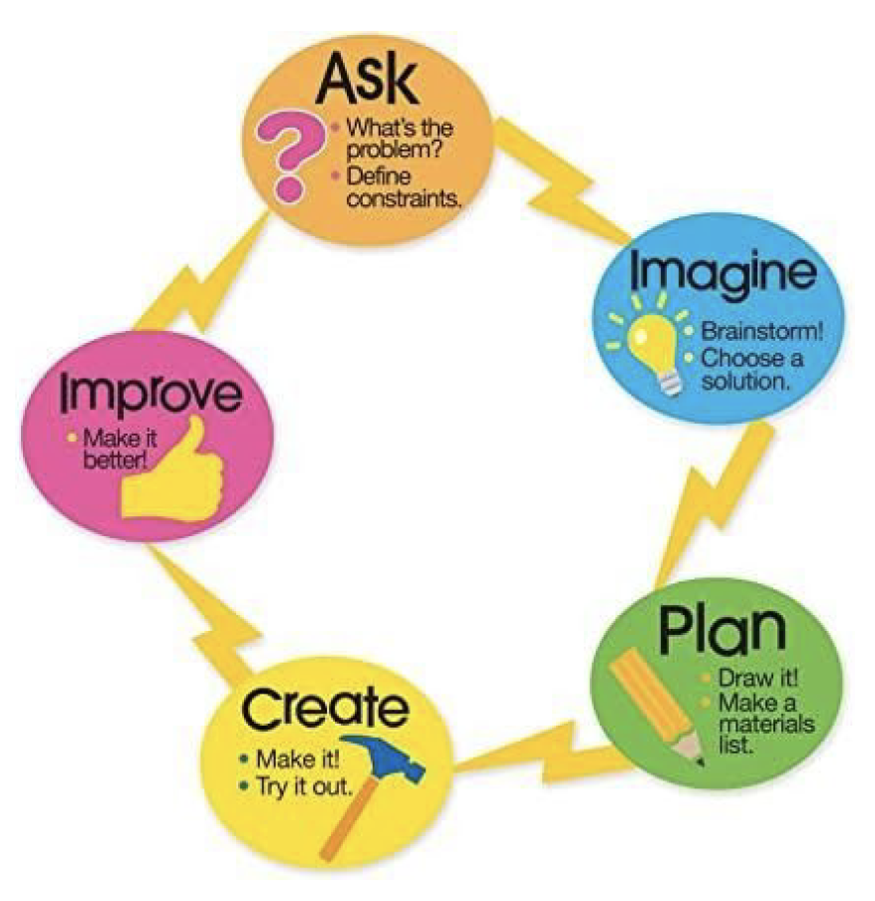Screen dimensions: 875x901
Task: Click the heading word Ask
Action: click(368, 80)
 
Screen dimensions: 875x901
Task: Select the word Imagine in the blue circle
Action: click(723, 274)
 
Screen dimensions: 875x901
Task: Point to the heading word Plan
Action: click(722, 630)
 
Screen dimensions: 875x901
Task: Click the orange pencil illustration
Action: click(655, 707)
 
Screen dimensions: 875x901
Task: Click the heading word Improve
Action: click(150, 394)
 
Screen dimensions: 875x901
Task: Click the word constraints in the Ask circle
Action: click(404, 199)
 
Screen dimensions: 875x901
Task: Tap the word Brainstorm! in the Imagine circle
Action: click(762, 332)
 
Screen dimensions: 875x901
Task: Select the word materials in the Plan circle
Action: click(766, 724)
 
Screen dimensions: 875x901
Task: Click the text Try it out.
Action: click(304, 786)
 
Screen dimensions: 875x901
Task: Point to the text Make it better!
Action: click(120, 449)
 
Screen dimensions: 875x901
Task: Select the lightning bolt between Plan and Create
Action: click(551, 752)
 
